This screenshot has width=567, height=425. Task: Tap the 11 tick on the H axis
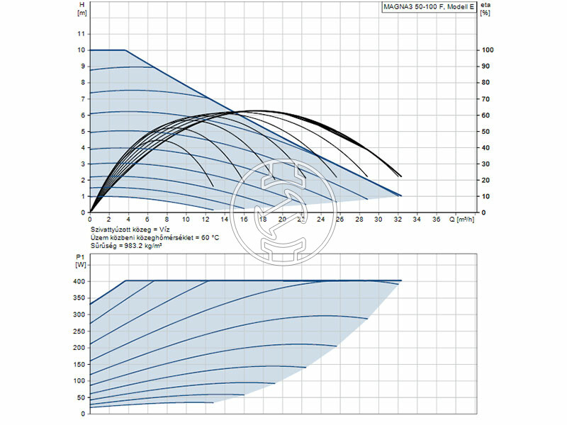click(x=82, y=34)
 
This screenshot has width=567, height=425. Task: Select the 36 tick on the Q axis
click(x=435, y=220)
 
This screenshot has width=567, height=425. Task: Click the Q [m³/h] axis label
click(x=464, y=220)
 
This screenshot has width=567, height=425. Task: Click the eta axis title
click(x=485, y=5)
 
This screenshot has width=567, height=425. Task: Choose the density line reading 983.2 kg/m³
click(x=130, y=245)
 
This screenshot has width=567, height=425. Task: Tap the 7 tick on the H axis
click(x=82, y=99)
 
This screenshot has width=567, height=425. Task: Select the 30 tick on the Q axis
click(x=378, y=220)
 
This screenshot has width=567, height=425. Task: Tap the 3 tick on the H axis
click(x=82, y=164)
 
